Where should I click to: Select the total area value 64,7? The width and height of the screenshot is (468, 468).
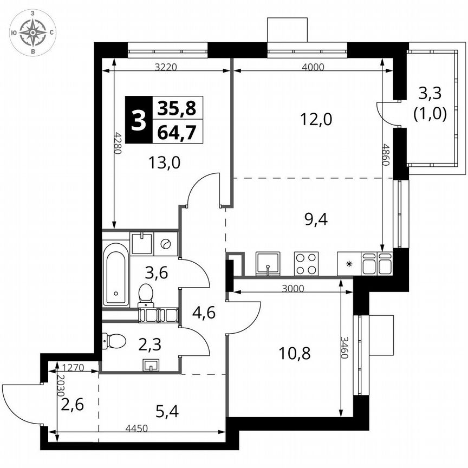pos(177,132)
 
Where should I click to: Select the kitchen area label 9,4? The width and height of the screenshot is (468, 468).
pos(317,219)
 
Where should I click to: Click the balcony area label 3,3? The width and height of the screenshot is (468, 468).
pos(430,94)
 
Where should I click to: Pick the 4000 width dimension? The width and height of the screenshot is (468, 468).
pos(313,68)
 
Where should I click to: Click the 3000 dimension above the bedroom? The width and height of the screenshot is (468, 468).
pos(292,289)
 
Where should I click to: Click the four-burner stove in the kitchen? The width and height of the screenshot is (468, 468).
pos(306,264)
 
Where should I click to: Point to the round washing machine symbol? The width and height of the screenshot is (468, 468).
pos(166,244)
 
